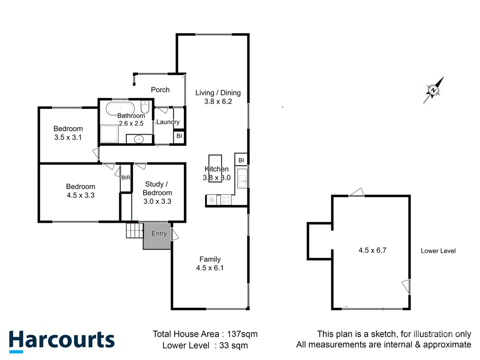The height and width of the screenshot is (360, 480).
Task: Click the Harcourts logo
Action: [62, 341]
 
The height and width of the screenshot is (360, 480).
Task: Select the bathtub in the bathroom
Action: [120, 108]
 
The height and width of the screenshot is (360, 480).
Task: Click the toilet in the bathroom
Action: [145, 106]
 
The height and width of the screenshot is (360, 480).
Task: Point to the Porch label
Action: [160, 90]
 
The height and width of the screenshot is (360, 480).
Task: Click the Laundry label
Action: [168, 122]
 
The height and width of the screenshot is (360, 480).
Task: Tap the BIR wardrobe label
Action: [126, 178]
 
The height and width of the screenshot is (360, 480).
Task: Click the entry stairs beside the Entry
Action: [134, 230]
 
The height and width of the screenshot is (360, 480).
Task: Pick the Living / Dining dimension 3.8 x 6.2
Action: [218, 101]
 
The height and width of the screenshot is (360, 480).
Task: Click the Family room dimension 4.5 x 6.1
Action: [210, 268]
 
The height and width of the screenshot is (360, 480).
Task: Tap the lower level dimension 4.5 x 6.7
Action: [372, 250]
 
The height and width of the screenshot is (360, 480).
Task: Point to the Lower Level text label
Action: [438, 251]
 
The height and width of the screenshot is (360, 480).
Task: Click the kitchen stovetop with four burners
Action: [226, 200]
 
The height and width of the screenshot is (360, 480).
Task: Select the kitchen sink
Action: [242, 179]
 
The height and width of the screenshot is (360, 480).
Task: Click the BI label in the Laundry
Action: [179, 136]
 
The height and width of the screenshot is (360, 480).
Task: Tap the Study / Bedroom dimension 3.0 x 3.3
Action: [157, 201]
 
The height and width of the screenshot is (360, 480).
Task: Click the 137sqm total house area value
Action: [242, 334]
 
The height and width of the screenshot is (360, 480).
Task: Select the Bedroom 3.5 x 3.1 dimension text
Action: [68, 137]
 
